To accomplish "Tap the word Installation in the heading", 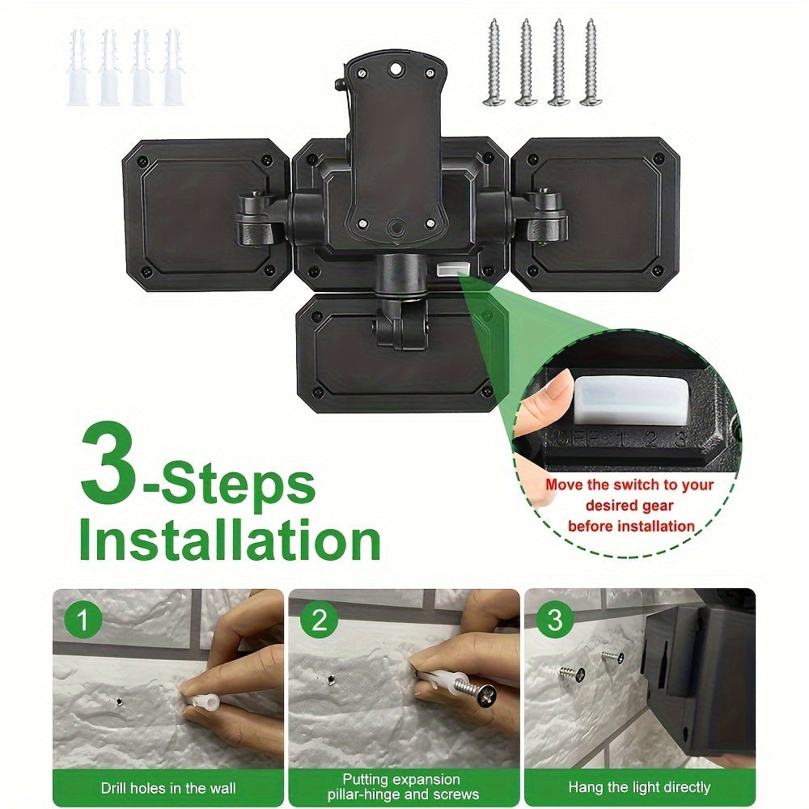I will pos(229,540).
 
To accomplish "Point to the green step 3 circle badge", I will pos(554,621).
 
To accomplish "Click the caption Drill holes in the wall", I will pos(167,787).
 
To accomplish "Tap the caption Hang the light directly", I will pos(639,787).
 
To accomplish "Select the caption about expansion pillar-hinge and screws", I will pos(404,787).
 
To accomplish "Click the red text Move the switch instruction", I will pos(629,506).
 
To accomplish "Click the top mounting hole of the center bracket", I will pos(396,70).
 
